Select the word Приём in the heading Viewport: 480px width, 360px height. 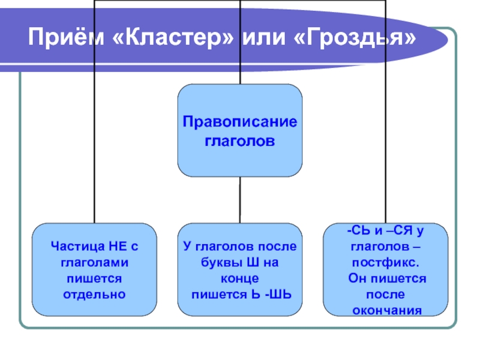pos(66,37)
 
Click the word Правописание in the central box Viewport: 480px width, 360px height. pos(239,122)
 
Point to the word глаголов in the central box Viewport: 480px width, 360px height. pos(239,141)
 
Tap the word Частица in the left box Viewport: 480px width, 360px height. pos(76,246)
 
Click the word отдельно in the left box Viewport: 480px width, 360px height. pos(94,295)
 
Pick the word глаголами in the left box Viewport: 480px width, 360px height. pos(94,263)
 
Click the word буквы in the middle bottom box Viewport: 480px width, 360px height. pos(218,263)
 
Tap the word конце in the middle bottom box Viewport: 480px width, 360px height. pos(239,278)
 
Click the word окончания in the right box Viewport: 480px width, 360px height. pos(387,310)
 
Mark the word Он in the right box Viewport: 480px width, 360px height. pos(357,278)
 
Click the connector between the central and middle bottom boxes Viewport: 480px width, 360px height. pos(240,200)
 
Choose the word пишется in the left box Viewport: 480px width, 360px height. pos(94,279)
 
